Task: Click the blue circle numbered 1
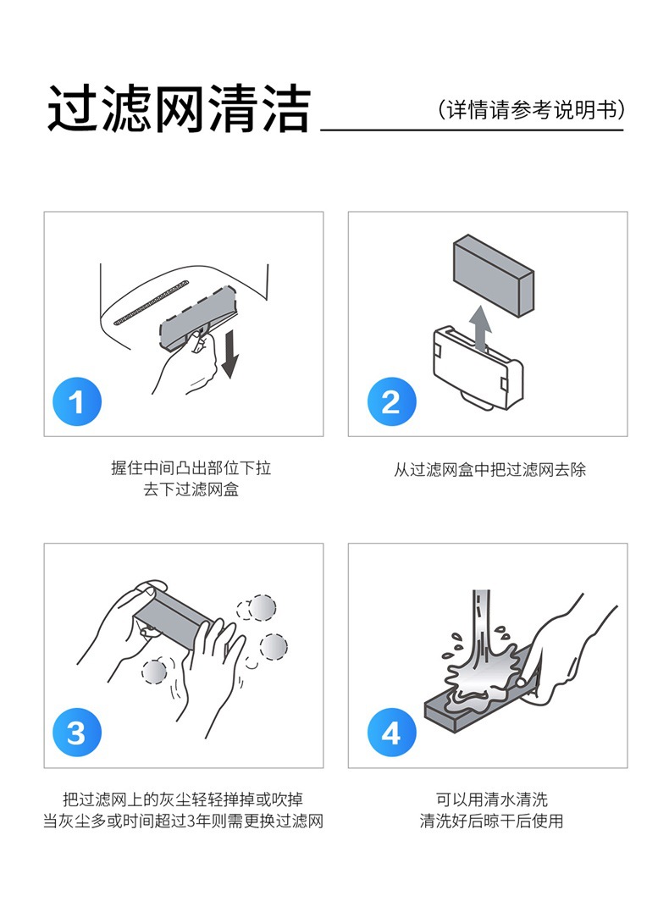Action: pos(77,401)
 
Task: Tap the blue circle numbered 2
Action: pos(391,401)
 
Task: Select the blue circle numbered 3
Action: pos(77,733)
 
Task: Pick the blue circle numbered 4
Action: pos(391,733)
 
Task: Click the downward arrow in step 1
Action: pos(229,354)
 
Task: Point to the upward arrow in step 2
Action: pos(480,328)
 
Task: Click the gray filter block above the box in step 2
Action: pos(493,275)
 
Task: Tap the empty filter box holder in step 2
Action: pos(478,369)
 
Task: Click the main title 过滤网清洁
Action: pos(180,108)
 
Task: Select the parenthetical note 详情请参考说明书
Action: pos(531,109)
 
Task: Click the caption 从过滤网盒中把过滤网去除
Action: pos(489,469)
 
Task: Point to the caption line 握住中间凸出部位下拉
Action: pos(191,467)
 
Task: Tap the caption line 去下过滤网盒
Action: pos(191,489)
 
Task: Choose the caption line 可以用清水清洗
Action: pos(491,799)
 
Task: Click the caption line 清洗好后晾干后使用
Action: pos(491,821)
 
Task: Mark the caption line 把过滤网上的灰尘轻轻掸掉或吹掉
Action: pos(183,799)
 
